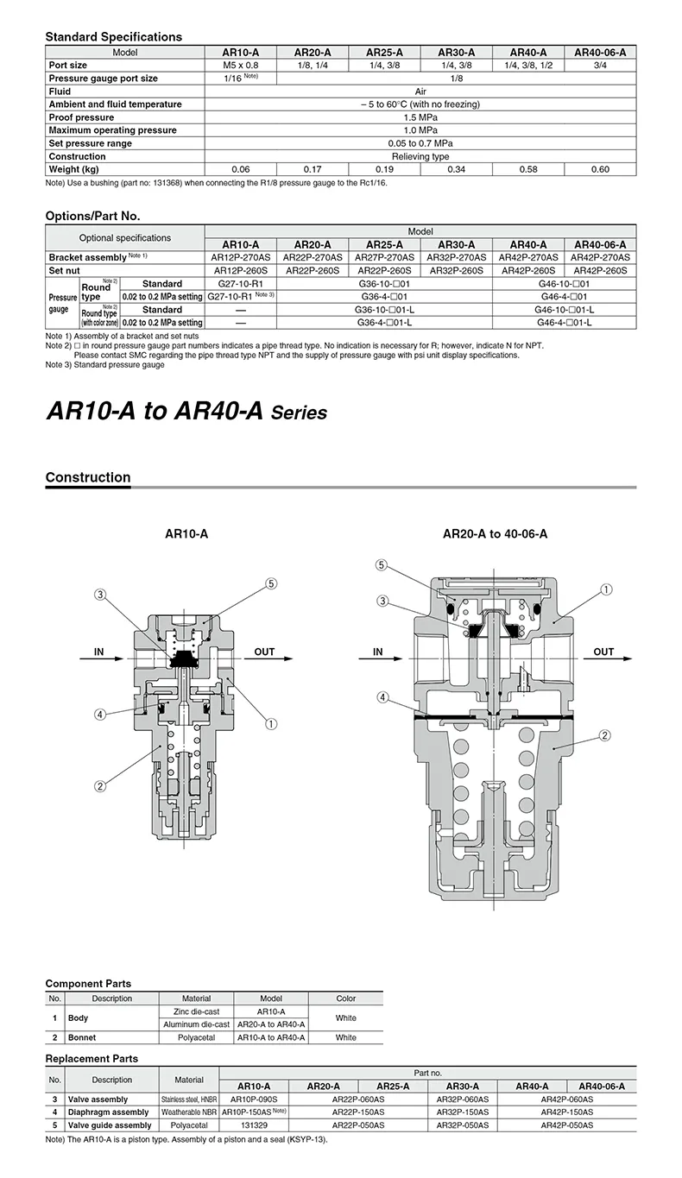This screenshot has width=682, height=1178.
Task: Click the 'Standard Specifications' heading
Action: [113, 37]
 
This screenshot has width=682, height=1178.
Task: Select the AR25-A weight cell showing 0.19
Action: [384, 169]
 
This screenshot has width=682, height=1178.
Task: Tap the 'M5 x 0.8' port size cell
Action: [241, 65]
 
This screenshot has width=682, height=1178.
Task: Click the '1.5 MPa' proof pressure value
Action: [420, 117]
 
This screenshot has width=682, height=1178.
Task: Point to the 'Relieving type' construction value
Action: [420, 156]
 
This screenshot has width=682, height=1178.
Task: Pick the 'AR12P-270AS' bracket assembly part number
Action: [241, 257]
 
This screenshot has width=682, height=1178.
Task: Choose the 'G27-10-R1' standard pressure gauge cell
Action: [241, 283]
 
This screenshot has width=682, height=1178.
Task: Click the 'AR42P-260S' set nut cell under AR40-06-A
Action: [600, 270]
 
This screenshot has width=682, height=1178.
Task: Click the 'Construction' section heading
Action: [88, 477]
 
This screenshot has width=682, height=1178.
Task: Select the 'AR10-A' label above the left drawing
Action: [186, 534]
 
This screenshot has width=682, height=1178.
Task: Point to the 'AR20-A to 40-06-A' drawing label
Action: [495, 534]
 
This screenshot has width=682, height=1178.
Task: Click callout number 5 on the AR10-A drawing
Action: [271, 583]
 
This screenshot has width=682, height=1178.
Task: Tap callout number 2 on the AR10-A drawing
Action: [100, 785]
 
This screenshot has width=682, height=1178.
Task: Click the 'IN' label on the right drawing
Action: [377, 652]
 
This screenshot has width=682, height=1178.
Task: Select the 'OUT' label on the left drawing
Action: [265, 652]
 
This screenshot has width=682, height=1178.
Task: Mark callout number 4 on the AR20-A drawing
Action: [382, 697]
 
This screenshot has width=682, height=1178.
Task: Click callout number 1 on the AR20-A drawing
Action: [607, 590]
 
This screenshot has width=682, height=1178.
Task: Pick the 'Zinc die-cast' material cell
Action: [196, 1011]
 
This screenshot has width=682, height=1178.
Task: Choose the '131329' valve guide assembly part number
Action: [254, 1125]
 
